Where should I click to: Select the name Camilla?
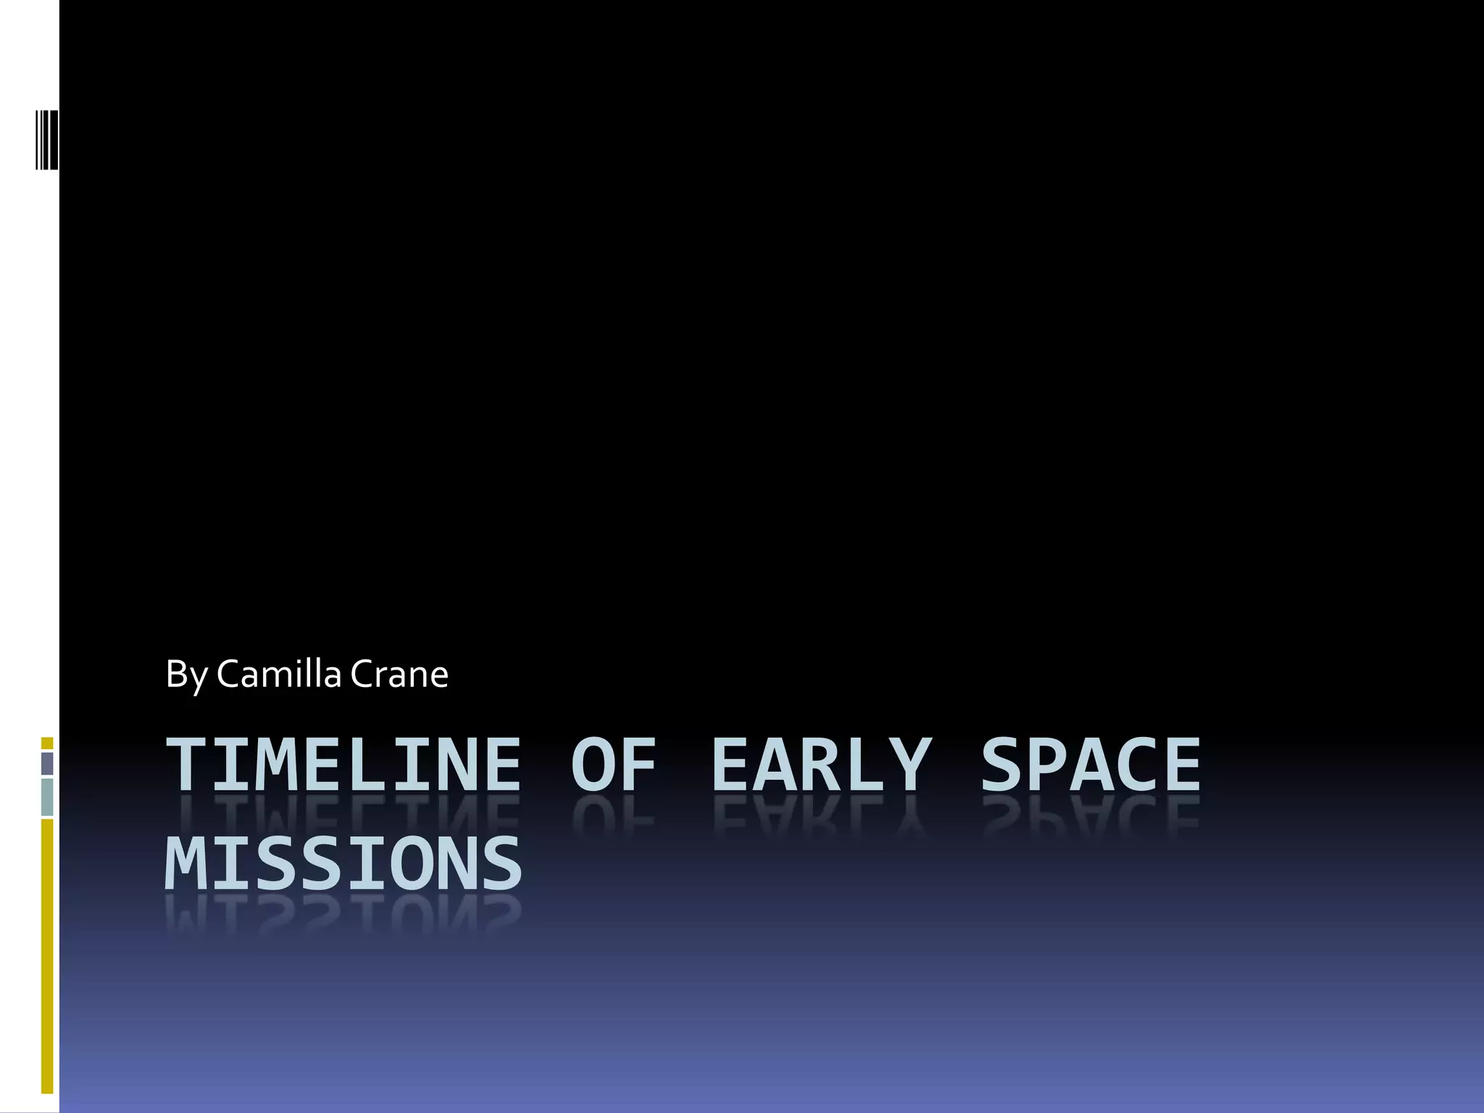click(x=278, y=674)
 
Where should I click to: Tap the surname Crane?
click(x=399, y=674)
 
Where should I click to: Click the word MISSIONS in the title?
click(x=343, y=864)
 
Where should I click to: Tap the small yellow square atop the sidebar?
click(x=47, y=743)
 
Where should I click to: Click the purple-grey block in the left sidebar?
click(x=47, y=764)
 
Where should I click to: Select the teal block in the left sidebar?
click(x=47, y=797)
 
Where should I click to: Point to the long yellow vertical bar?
click(x=47, y=956)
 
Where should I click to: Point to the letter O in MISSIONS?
click(x=412, y=864)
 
